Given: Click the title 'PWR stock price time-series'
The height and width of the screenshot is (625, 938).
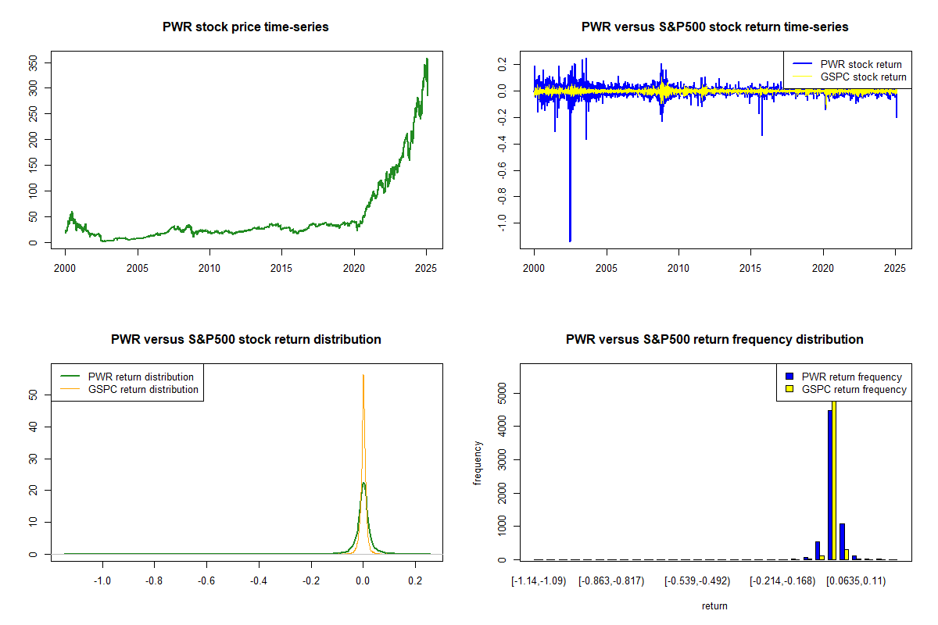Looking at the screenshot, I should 245,27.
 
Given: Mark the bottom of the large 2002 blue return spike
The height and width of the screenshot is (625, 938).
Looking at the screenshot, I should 570,240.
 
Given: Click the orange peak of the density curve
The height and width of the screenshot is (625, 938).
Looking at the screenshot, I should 363,377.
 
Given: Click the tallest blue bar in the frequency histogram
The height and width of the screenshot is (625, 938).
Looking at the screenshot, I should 830,484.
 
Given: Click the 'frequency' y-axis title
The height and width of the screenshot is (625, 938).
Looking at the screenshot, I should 478,463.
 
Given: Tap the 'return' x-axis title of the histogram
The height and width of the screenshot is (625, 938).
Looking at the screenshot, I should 714,605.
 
